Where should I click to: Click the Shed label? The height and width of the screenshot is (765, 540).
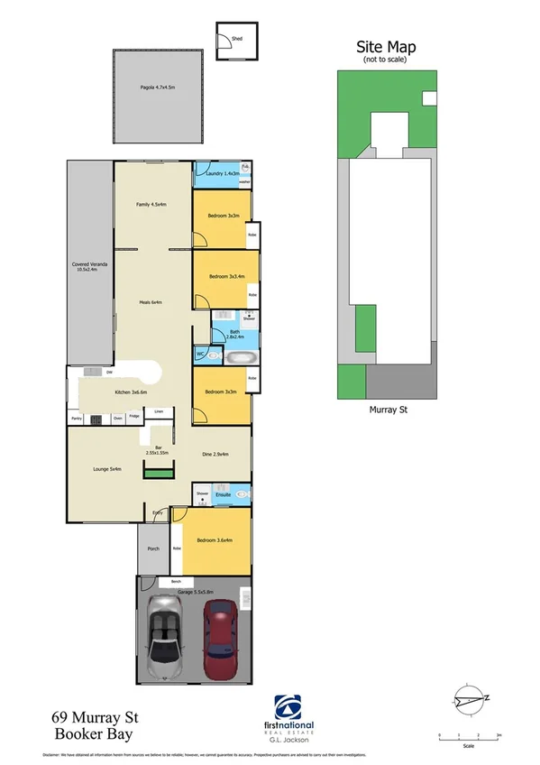237,40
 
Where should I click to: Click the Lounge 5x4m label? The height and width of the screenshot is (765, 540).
107,469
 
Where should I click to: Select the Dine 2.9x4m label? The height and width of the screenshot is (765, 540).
215,454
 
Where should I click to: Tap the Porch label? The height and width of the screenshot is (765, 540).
153,548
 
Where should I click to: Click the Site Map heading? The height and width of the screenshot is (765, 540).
386,47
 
